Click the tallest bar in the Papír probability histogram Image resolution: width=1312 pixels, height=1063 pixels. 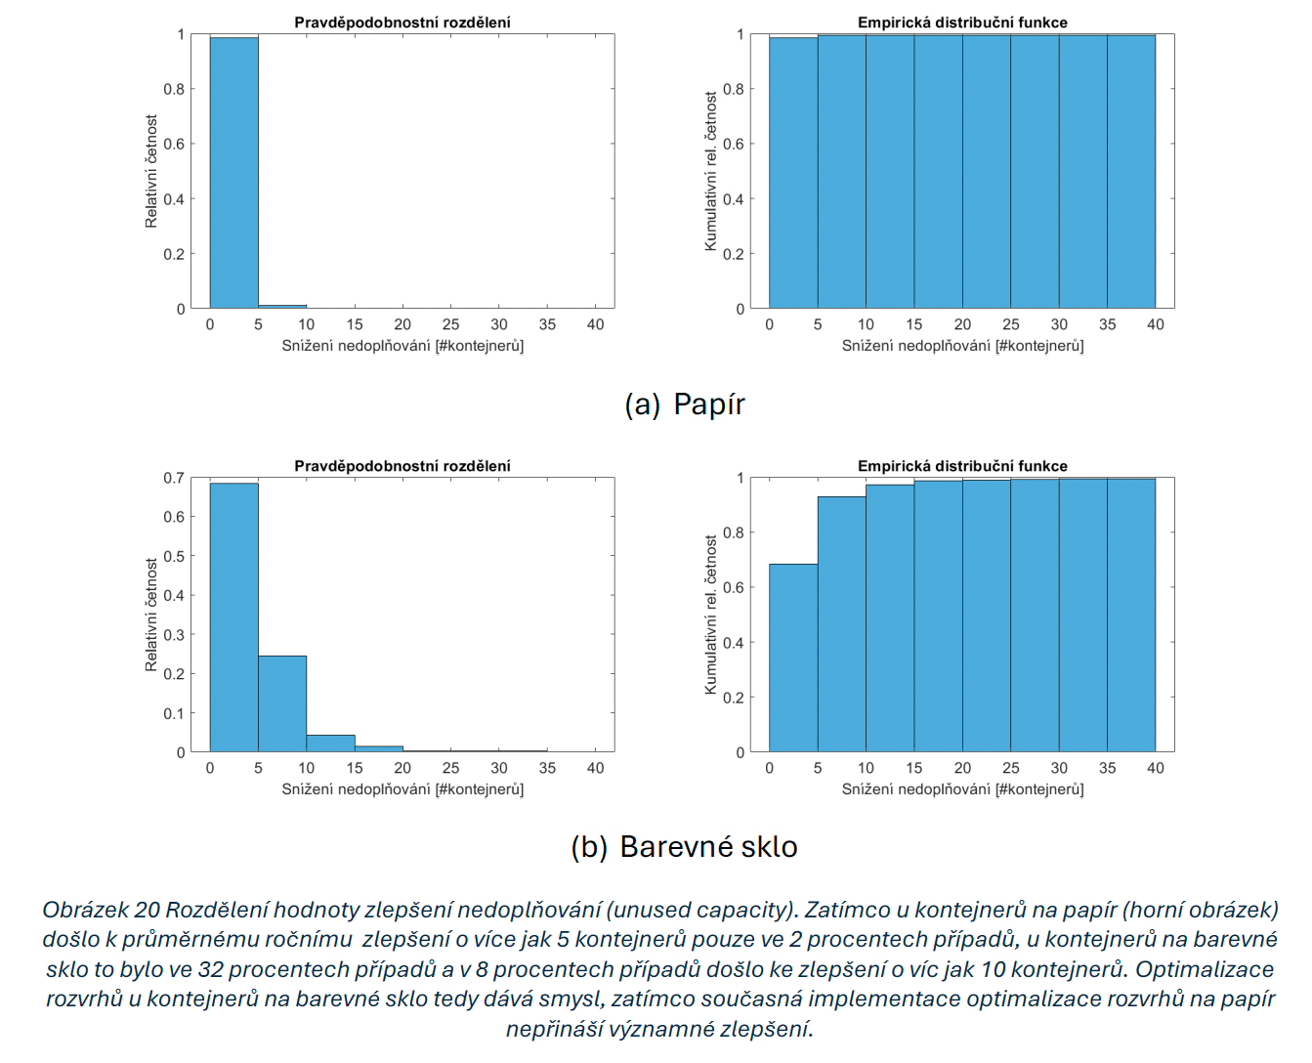coord(233,173)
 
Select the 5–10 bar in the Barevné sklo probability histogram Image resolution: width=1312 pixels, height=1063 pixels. coord(282,703)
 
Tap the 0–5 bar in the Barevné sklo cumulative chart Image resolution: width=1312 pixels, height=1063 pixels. coord(793,659)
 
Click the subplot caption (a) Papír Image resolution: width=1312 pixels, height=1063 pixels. coord(685,404)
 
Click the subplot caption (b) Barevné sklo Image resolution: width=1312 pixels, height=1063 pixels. coord(685,846)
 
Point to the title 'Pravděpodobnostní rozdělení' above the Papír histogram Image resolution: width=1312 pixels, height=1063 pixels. coord(402,22)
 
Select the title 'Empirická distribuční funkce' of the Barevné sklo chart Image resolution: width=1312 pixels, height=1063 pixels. coord(962,466)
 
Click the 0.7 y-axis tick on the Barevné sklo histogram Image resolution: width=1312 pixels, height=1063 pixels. coord(174,478)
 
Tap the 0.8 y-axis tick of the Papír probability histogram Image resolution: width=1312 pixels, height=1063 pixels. coord(174,89)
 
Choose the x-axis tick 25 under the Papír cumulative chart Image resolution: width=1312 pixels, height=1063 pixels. coord(1010,324)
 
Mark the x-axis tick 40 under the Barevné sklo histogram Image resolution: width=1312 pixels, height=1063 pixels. coord(595,768)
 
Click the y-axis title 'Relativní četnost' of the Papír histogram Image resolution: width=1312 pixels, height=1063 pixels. coord(151,172)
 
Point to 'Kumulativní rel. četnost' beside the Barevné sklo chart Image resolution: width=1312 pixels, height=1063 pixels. coord(711,615)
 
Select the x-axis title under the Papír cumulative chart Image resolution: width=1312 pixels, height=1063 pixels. coord(962,346)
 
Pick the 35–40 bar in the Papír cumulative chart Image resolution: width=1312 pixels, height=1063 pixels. coord(1131,172)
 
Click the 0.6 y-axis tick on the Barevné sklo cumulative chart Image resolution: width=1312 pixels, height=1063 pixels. coord(733,588)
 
